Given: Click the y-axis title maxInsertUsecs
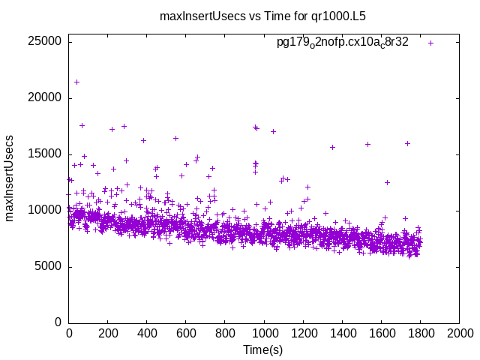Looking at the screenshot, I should point(10,178).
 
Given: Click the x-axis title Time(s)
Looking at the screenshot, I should point(262,350).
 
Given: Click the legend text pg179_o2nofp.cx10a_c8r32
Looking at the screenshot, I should point(343,43).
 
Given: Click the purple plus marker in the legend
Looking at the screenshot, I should point(430,43).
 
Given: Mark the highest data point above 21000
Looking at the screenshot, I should point(76,82).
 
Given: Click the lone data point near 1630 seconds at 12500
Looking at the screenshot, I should point(387,182).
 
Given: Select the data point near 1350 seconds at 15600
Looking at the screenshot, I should point(332,147).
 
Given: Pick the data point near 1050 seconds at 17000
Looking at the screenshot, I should point(273,131).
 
